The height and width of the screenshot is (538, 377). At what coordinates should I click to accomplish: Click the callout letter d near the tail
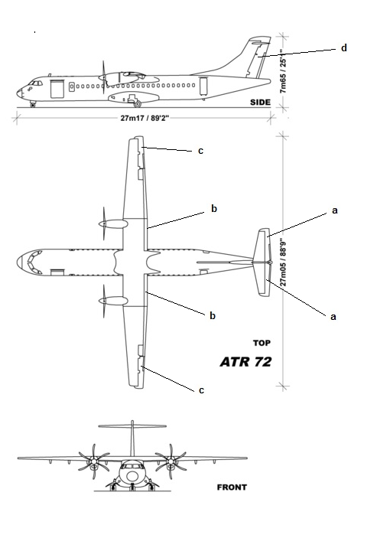click(x=344, y=47)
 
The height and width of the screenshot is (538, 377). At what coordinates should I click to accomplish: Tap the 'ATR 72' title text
click(x=245, y=362)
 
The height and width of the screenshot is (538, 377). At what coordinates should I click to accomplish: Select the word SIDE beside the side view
click(x=260, y=102)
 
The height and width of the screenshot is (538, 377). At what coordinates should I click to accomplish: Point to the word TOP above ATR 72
click(x=262, y=343)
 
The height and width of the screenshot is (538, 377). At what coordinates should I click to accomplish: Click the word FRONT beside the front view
click(x=232, y=487)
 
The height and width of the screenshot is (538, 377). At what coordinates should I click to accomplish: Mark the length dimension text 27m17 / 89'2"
click(x=145, y=118)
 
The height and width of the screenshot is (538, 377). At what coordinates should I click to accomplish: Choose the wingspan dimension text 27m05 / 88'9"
click(x=284, y=262)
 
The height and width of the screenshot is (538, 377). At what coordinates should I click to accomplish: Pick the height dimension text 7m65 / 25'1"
click(x=283, y=71)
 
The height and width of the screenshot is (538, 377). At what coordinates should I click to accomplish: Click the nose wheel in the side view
click(x=33, y=105)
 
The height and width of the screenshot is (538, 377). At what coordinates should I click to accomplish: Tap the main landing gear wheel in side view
click(x=138, y=103)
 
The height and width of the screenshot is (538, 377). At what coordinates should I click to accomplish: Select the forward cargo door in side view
click(x=57, y=89)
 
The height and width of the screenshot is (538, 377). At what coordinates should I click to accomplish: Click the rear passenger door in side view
click(x=203, y=86)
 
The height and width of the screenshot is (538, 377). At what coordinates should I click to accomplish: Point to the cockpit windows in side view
click(x=35, y=83)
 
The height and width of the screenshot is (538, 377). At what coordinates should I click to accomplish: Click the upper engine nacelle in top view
click(x=113, y=224)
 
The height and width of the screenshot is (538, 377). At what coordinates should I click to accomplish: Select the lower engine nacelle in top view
click(x=113, y=301)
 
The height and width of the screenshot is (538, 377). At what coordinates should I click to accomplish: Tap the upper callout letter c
click(x=201, y=151)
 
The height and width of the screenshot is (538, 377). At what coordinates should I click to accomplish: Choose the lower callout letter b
click(x=213, y=315)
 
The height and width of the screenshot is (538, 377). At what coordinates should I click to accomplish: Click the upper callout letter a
click(x=335, y=210)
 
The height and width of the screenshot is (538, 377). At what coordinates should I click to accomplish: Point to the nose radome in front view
click(x=132, y=476)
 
